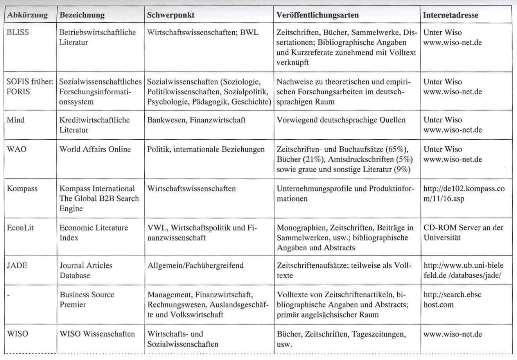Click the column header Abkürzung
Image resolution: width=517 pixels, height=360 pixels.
[x=27, y=15]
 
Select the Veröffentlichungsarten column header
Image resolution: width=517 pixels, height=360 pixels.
[x=317, y=15]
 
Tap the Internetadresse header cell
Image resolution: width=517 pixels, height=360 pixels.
[x=451, y=15]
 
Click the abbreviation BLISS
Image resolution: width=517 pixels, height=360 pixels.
[x=18, y=32]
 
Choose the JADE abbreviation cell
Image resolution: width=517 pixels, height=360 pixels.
[x=17, y=266]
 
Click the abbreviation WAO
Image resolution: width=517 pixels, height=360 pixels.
[x=17, y=149]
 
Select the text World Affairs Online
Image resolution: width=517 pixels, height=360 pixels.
[x=95, y=149]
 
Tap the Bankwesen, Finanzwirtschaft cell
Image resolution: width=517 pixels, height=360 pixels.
[x=196, y=120]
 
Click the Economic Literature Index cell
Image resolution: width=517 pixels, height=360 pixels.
[x=93, y=232]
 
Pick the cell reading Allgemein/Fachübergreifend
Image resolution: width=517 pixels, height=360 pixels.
[x=195, y=266]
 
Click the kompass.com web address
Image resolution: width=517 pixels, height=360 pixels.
[x=464, y=194]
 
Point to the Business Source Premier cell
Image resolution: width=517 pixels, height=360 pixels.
[x=87, y=300]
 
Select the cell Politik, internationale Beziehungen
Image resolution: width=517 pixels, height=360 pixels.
[x=206, y=149]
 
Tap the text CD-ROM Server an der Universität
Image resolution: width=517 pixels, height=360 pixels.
[x=463, y=232]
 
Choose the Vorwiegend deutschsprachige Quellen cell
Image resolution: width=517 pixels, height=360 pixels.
[x=341, y=120]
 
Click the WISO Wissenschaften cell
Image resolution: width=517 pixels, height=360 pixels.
[x=97, y=334]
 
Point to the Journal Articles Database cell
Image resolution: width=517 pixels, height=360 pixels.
[x=86, y=270]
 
